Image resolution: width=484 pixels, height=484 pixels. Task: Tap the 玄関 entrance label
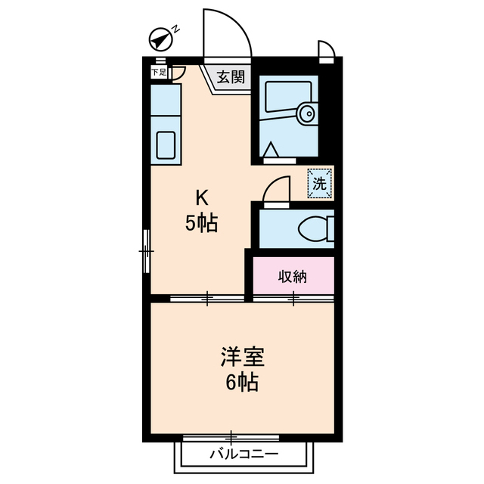click(231, 76)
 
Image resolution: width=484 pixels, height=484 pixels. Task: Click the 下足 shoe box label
click(158, 73)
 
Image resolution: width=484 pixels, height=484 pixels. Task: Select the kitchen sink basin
click(166, 144)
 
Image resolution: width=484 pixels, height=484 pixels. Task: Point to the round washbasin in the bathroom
click(306, 114)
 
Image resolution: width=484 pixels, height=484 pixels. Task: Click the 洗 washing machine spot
click(320, 182)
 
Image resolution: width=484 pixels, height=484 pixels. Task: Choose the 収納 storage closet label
click(292, 276)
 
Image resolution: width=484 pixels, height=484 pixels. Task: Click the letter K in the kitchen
click(202, 199)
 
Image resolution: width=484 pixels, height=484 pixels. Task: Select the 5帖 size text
click(202, 223)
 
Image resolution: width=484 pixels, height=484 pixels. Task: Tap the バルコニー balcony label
click(244, 455)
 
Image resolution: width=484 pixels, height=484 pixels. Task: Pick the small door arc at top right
click(325, 50)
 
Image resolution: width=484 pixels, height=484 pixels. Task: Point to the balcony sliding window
click(231, 437)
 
